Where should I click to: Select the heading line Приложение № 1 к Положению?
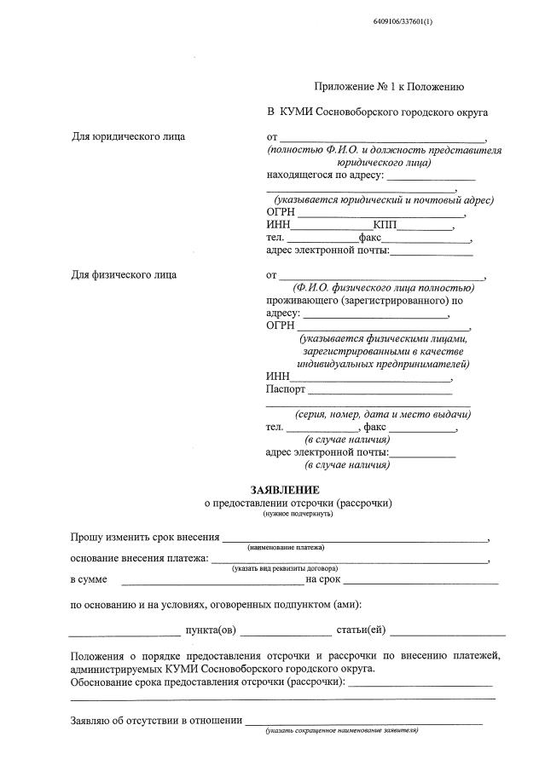tap(389, 87)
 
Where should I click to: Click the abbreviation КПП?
tap(384, 225)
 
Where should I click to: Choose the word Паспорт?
tap(285, 390)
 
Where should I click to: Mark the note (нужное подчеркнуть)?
tap(298, 514)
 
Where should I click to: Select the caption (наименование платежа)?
tap(286, 547)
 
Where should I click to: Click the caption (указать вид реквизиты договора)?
tap(285, 568)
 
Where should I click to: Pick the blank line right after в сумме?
tap(213, 582)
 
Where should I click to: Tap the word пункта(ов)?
tap(211, 630)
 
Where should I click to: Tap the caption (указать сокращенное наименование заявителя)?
tap(342, 731)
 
